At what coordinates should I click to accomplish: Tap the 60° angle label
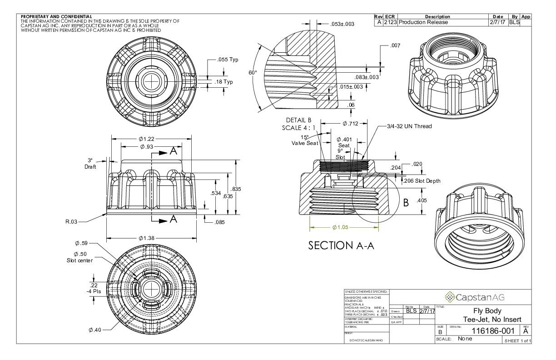253,73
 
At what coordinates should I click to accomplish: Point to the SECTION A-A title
341,245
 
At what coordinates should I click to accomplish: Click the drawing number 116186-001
493,330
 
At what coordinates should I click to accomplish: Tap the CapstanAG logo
474,297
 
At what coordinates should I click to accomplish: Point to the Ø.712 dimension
351,123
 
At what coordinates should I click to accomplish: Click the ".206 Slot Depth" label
422,181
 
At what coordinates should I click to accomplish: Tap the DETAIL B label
298,120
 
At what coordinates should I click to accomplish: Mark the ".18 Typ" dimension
223,82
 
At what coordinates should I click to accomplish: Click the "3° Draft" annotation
90,164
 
